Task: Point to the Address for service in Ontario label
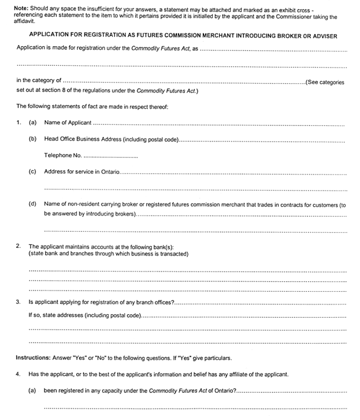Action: point(81,172)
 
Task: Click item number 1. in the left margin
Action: point(18,122)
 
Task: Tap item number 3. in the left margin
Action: point(18,302)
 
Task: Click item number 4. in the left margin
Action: point(18,374)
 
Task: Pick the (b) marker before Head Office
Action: point(33,139)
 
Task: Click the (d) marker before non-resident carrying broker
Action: point(33,205)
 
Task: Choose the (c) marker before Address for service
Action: point(33,172)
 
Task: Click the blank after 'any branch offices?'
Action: point(260,303)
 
